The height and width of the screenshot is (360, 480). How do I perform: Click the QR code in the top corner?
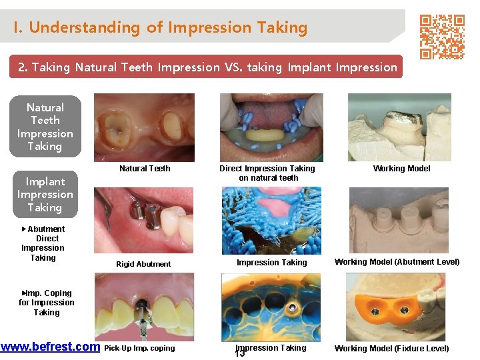441,37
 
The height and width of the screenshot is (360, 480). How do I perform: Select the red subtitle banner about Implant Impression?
207,67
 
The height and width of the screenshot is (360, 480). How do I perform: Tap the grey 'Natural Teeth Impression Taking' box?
45,127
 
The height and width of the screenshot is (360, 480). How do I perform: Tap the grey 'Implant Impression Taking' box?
45,194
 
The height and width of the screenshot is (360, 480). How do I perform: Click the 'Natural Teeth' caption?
145,169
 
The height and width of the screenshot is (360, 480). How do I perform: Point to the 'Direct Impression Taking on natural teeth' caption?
267,173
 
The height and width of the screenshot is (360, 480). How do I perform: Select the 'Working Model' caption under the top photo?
401,169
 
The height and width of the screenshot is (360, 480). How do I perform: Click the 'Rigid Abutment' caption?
143,264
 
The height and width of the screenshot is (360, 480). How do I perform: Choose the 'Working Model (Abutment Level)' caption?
397,262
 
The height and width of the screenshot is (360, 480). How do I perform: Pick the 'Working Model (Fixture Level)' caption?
391,349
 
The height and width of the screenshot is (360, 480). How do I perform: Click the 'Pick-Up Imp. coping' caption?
140,348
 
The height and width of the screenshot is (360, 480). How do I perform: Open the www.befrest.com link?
50,347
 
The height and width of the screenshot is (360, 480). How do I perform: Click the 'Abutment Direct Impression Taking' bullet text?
44,243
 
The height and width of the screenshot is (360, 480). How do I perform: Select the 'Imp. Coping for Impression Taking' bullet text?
46,303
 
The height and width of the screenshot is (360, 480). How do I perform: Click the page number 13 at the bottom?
240,353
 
